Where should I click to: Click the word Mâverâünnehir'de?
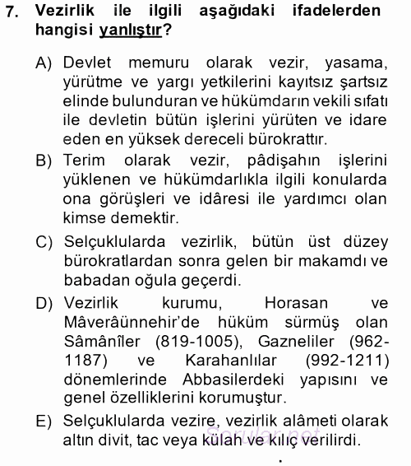[x=118, y=322]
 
